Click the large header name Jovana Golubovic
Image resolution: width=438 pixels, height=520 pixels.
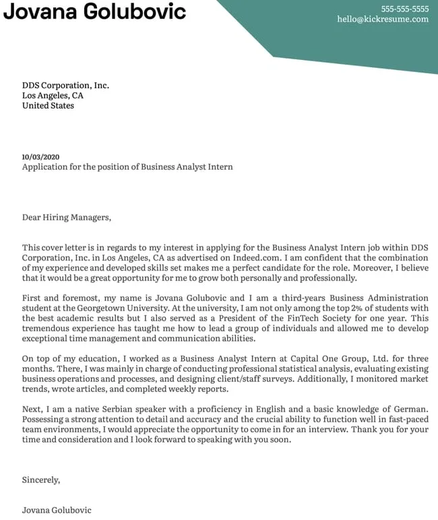coord(94,11)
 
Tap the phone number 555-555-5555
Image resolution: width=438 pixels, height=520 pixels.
coord(404,9)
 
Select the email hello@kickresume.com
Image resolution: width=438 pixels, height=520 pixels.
coord(383,20)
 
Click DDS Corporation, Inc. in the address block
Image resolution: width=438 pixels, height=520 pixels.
coord(65,86)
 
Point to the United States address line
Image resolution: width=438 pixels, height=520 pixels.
coord(48,106)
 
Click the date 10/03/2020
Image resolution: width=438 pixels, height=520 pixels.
coord(40,157)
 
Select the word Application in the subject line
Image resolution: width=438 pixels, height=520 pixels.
coord(46,167)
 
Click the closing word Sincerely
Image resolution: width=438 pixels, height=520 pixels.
coord(40,480)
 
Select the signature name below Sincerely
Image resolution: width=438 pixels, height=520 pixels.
coord(56,511)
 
